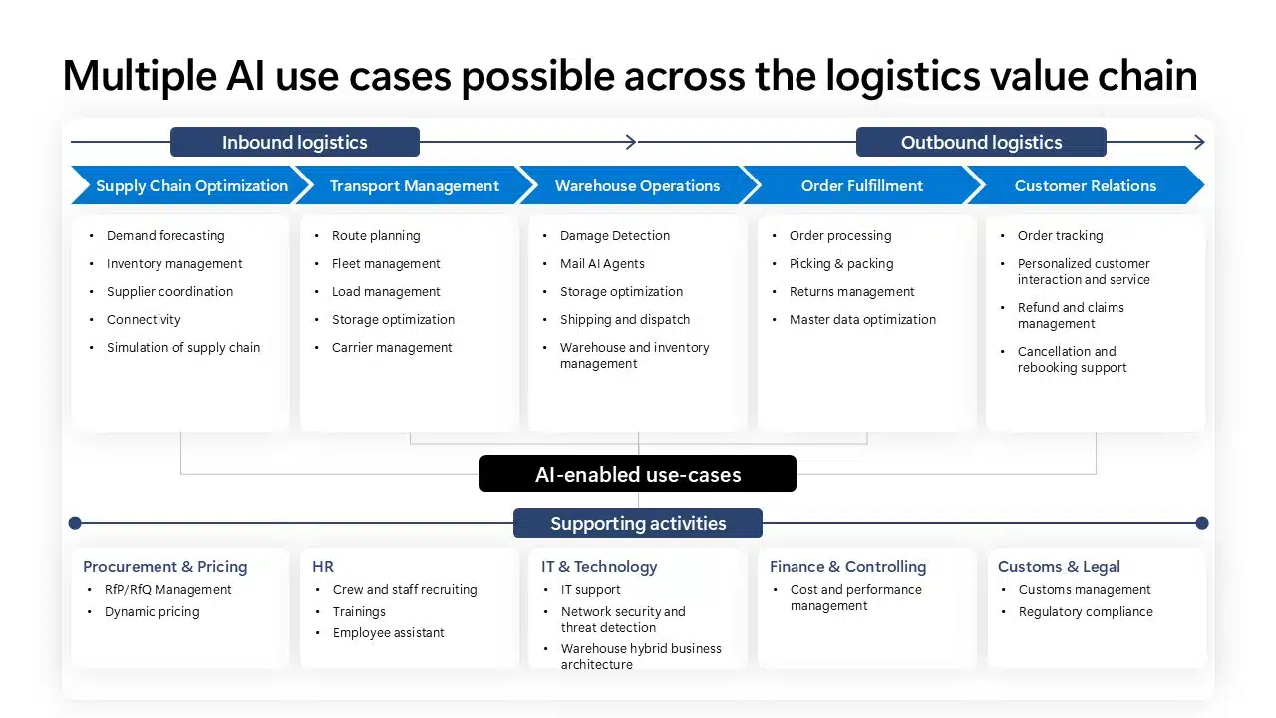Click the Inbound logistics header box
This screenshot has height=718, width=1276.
point(295,142)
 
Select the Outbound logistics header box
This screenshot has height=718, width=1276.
point(981,142)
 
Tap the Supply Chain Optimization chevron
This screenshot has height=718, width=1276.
point(189,185)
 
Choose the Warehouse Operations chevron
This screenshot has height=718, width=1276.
point(637,185)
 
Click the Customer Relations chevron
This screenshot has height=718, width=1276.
point(1085,185)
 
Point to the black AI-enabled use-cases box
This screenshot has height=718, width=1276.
point(638,474)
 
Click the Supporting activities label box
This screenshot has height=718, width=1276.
point(638,523)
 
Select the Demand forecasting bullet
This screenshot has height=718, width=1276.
point(165,236)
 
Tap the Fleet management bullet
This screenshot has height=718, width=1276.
point(386,264)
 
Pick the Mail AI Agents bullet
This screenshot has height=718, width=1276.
point(602,264)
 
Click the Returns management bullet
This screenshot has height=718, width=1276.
point(851,292)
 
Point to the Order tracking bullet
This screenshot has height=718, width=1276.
point(1060,236)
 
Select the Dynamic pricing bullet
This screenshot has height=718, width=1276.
point(152,611)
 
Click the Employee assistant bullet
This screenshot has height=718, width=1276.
point(388,633)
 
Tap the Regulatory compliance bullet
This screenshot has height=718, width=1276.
point(1085,611)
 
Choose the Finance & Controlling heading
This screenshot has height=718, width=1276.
point(847,566)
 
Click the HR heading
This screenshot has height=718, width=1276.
point(323,566)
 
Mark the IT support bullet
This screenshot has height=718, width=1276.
point(590,590)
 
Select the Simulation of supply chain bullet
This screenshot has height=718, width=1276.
point(183,348)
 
